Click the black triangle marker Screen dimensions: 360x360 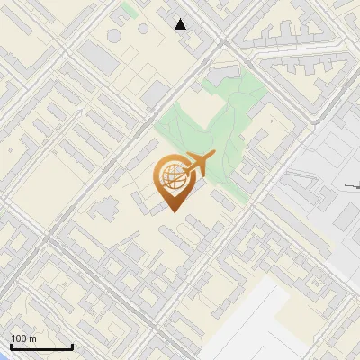(181, 24)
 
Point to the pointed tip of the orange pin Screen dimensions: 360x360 (173, 212)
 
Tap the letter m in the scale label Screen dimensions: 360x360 (33, 338)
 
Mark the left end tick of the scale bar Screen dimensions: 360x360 (11, 346)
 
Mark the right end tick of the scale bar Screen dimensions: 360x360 (73, 346)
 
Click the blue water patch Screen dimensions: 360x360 (3, 355)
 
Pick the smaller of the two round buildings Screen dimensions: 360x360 (143, 27)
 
